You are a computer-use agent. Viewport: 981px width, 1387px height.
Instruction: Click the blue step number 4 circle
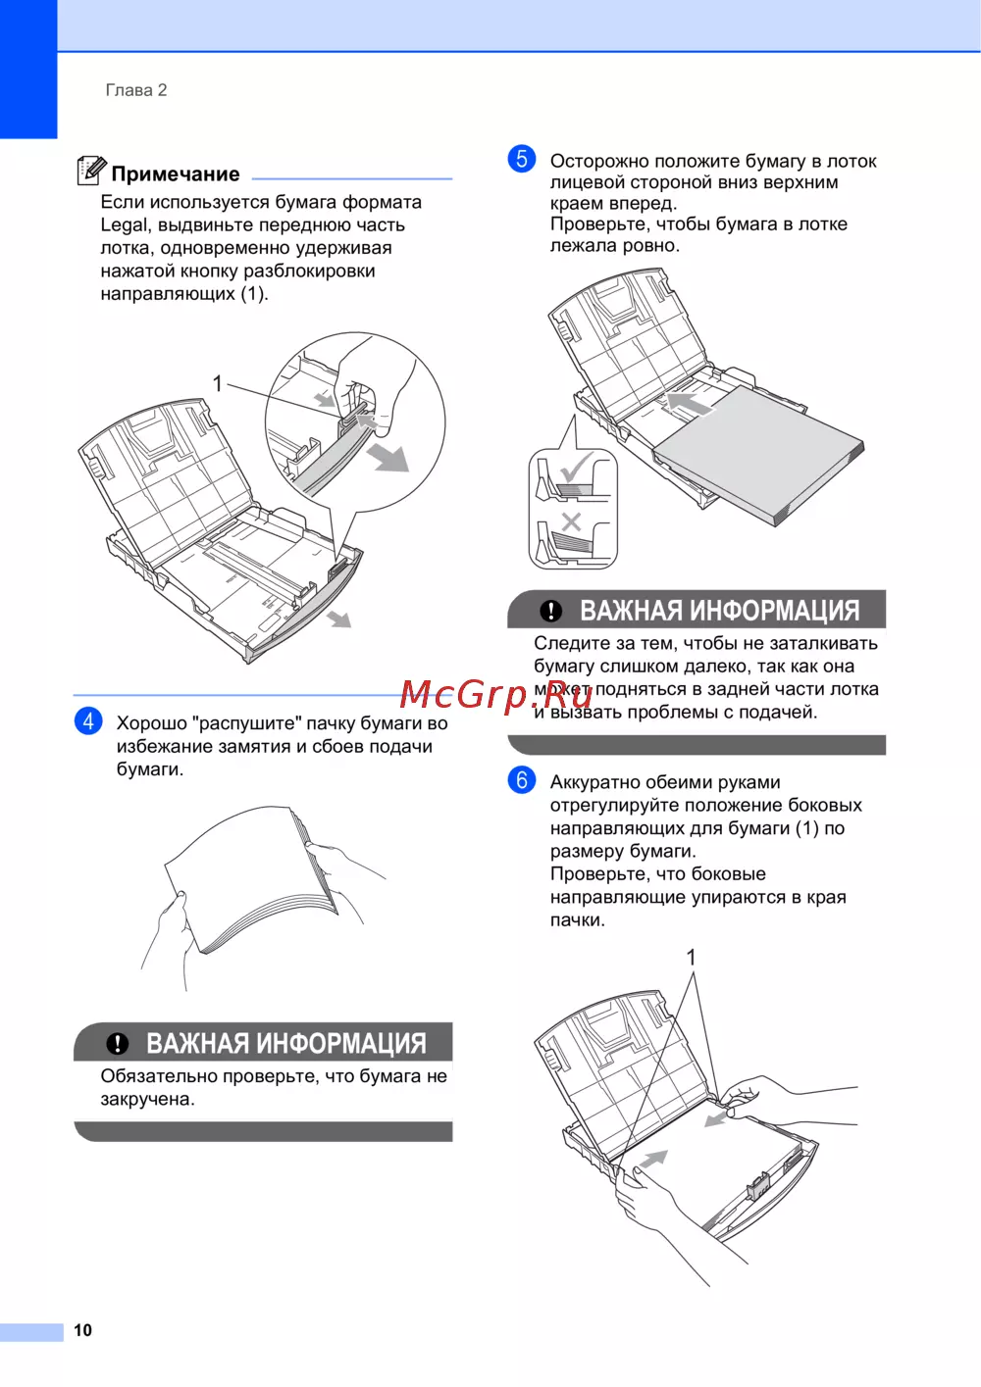88,721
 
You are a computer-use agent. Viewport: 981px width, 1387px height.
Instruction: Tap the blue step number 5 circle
522,159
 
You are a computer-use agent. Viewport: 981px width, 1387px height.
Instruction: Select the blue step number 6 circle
522,780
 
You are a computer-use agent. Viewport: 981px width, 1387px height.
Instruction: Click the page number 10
83,1330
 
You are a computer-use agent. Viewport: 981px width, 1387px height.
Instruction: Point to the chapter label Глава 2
136,90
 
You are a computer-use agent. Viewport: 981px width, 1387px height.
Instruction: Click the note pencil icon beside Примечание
91,171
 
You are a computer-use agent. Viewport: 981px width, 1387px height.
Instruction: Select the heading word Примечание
176,174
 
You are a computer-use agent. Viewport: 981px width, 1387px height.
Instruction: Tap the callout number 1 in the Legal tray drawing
217,384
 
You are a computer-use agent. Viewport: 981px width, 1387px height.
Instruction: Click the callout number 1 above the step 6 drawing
691,958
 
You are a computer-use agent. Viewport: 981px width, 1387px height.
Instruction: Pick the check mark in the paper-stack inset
575,467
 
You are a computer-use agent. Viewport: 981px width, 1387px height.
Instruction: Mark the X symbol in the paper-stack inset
571,522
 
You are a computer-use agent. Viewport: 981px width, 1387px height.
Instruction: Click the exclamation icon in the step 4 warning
117,1043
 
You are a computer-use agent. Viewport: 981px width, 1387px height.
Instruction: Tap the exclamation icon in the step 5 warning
551,611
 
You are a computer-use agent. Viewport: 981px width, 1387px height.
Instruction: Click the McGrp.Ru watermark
495,694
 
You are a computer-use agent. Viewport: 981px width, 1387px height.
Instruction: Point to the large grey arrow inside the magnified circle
387,457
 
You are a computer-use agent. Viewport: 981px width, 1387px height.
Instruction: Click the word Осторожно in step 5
599,161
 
